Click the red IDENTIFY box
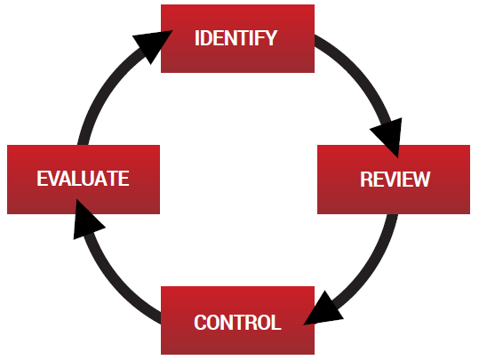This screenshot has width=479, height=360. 237,38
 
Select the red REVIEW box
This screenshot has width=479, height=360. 394,180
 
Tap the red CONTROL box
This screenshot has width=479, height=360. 237,320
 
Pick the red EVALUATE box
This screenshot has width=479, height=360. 84,180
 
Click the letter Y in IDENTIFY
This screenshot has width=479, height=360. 271,38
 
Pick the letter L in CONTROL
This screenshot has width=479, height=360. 275,323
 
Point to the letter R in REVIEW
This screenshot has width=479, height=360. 366,179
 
